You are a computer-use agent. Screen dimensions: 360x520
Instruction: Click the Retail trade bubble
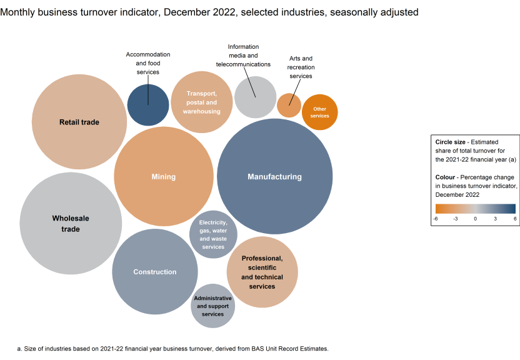click(79, 122)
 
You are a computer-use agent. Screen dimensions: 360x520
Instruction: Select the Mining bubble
click(164, 176)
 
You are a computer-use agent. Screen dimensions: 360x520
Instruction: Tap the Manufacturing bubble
click(274, 176)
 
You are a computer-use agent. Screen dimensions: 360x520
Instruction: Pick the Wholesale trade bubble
click(70, 224)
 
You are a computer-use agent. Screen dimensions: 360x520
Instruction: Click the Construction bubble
click(155, 272)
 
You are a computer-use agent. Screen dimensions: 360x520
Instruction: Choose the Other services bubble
click(319, 112)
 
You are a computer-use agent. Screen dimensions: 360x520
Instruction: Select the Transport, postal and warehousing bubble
click(202, 102)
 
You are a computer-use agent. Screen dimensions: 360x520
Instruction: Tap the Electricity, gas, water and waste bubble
click(213, 234)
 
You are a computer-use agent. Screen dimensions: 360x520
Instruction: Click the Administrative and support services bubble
click(213, 306)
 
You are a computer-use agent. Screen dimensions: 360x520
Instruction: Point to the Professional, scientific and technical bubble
click(262, 272)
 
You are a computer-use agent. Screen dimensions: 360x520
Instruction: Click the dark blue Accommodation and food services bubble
click(148, 104)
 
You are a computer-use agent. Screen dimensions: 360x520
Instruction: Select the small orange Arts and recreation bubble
click(289, 105)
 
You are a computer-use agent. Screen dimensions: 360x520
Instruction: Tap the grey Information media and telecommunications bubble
click(255, 97)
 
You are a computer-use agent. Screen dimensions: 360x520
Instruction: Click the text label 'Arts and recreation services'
click(301, 67)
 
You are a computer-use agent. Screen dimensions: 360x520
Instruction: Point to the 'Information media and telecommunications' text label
click(243, 56)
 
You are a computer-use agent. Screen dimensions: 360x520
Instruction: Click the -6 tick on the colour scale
click(436, 219)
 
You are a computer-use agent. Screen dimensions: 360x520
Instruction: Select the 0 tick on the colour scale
click(475, 219)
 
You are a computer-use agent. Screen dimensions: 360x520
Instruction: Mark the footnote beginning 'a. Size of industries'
click(172, 348)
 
